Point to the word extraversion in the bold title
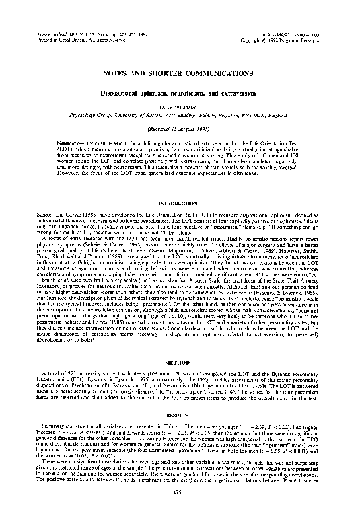pyautogui.click(x=248, y=95)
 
